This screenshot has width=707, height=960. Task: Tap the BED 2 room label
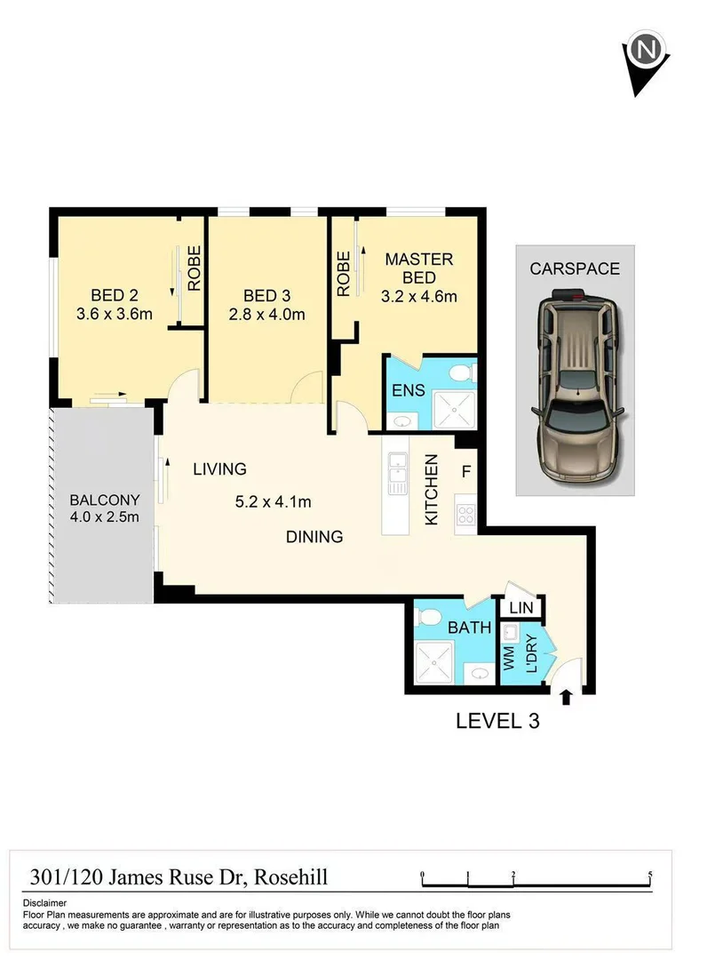pyautogui.click(x=114, y=295)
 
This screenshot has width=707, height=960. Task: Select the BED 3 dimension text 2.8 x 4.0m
pyautogui.click(x=266, y=314)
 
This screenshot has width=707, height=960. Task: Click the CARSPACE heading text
pyautogui.click(x=575, y=268)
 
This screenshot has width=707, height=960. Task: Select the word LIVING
pyautogui.click(x=219, y=468)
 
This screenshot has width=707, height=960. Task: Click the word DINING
pyautogui.click(x=314, y=537)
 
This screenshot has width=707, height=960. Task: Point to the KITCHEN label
pyautogui.click(x=432, y=490)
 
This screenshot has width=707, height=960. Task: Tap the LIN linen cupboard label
pyautogui.click(x=520, y=609)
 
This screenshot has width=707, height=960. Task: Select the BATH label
pyautogui.click(x=469, y=628)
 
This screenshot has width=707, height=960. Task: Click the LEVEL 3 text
pyautogui.click(x=497, y=720)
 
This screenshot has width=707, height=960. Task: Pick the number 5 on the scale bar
pyautogui.click(x=651, y=874)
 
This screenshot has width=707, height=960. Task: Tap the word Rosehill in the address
pyautogui.click(x=291, y=877)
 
